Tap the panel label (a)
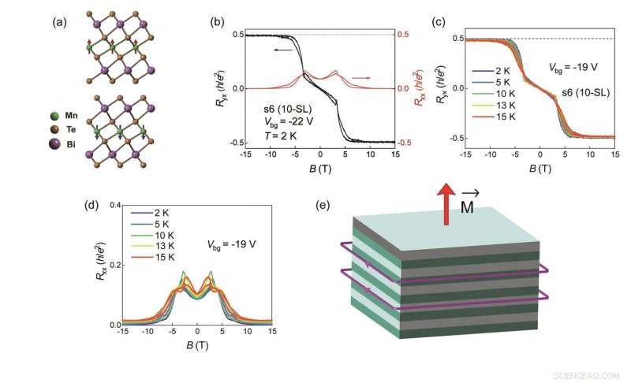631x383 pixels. (60, 22)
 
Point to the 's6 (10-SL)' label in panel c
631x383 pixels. (584, 93)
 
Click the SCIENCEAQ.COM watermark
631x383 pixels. (588, 375)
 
